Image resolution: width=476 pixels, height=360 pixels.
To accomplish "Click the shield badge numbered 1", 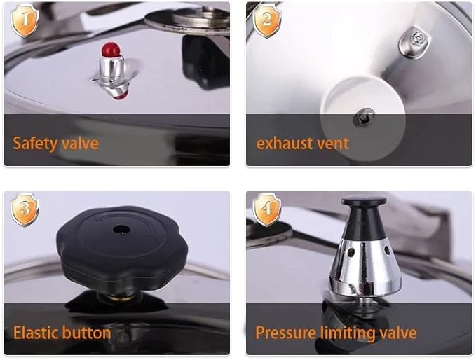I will click(25, 21).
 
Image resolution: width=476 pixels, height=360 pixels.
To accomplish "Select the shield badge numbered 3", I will click(25, 209).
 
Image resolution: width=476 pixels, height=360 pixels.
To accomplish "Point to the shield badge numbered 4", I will click(266, 209).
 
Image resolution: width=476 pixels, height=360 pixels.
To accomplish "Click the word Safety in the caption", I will click(34, 144).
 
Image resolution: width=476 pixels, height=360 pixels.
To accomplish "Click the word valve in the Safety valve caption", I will click(79, 144).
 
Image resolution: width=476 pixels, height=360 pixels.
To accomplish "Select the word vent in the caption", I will click(332, 144).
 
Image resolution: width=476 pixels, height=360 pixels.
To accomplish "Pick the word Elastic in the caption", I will click(36, 332).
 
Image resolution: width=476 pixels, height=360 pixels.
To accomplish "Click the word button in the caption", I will click(87, 332).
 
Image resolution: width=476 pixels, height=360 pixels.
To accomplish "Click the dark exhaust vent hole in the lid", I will click(364, 117).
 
